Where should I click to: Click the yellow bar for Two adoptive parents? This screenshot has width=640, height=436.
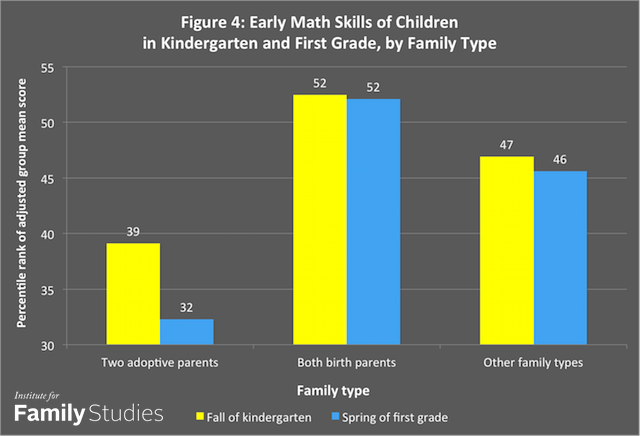point(133,294)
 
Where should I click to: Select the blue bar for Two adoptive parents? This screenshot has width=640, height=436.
point(186,332)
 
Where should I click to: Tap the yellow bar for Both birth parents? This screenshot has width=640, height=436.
point(319,220)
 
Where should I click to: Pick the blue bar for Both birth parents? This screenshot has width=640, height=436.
point(372,222)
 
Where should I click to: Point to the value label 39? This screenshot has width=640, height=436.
point(133,232)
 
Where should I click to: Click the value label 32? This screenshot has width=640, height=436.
point(186,308)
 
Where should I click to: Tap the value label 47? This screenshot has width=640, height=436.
point(506,145)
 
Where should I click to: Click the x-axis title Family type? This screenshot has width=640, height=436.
point(346,386)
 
